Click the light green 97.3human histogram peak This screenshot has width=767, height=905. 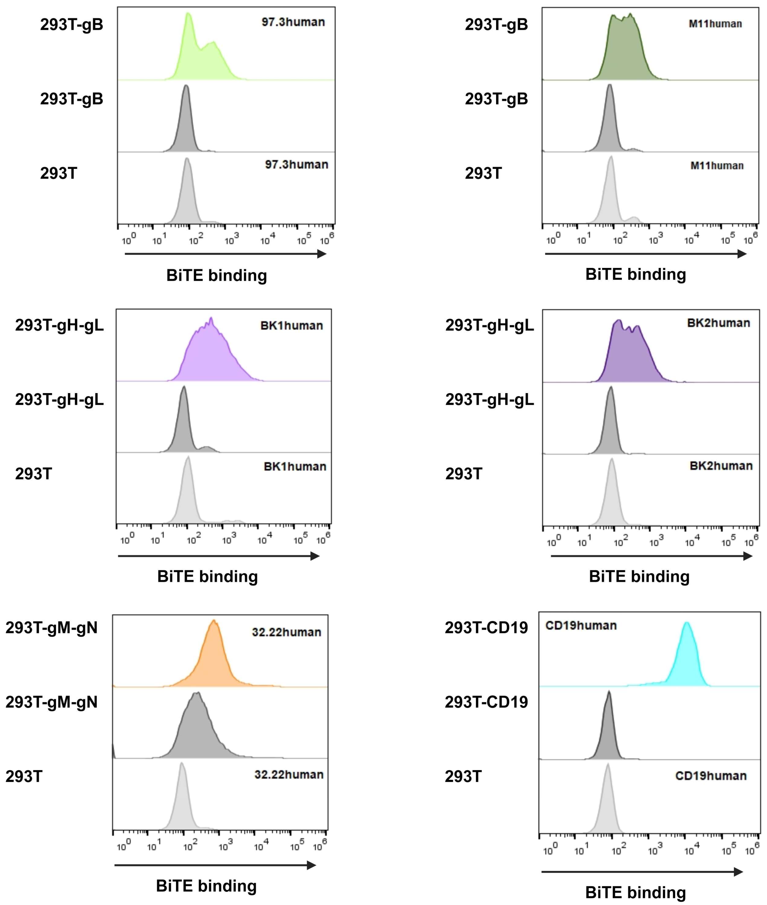tap(188, 26)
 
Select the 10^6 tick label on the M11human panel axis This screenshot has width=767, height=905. tap(751, 238)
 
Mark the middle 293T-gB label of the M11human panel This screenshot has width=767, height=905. tap(496, 99)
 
